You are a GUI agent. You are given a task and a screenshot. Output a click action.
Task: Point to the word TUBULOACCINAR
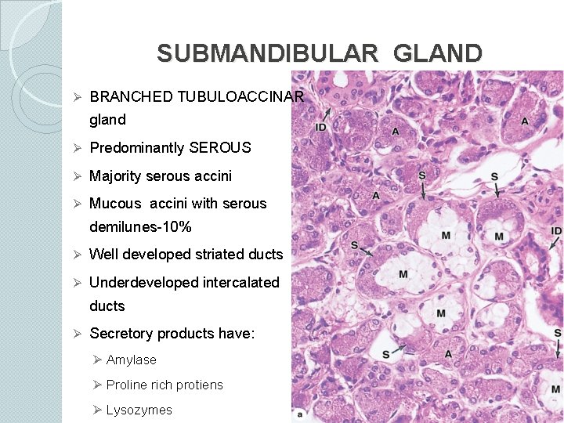coord(240,97)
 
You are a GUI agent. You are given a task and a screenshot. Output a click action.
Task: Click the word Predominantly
coord(138,148)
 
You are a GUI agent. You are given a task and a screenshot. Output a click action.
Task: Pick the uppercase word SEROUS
coord(220,148)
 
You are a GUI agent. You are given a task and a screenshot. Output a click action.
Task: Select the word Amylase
coord(132,360)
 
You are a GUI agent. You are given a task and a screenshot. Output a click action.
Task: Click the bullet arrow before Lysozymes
coord(97,410)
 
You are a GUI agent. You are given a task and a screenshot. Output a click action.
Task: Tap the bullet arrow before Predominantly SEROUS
coord(78,148)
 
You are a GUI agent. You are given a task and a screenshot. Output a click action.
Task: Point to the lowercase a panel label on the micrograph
coord(300,413)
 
